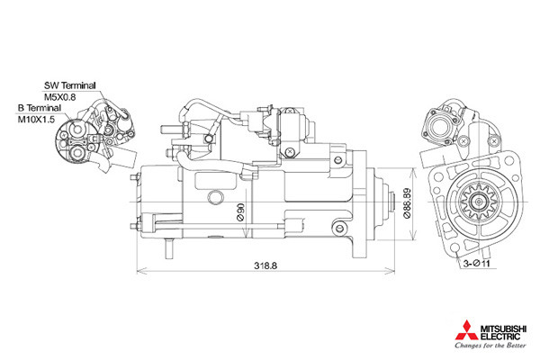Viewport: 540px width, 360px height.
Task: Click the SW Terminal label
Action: tap(69, 85)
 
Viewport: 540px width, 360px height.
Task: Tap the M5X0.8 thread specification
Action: tap(59, 97)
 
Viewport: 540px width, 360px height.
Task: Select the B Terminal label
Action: tap(40, 108)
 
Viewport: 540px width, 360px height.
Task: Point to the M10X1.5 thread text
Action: tap(36, 120)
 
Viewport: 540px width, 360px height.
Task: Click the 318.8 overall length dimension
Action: tap(265, 265)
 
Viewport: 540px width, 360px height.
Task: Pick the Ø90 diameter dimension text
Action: tap(240, 211)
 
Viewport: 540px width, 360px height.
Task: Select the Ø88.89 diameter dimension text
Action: tap(407, 203)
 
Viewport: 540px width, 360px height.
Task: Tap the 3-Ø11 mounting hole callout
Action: tap(476, 264)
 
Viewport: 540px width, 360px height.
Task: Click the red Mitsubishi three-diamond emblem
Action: tap(466, 330)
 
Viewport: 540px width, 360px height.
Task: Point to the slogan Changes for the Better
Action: tap(490, 345)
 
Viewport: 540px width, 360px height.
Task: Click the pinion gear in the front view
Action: tap(479, 202)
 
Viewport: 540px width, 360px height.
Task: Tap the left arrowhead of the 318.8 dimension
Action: tap(140, 271)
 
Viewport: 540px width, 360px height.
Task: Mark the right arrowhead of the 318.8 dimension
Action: tap(391, 271)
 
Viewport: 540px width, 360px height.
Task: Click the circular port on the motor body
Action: tap(216, 197)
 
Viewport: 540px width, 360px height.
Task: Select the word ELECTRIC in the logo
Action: tap(500, 336)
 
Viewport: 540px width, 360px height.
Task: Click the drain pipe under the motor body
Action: tap(169, 248)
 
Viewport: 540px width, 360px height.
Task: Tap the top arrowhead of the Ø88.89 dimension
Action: tap(413, 172)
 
